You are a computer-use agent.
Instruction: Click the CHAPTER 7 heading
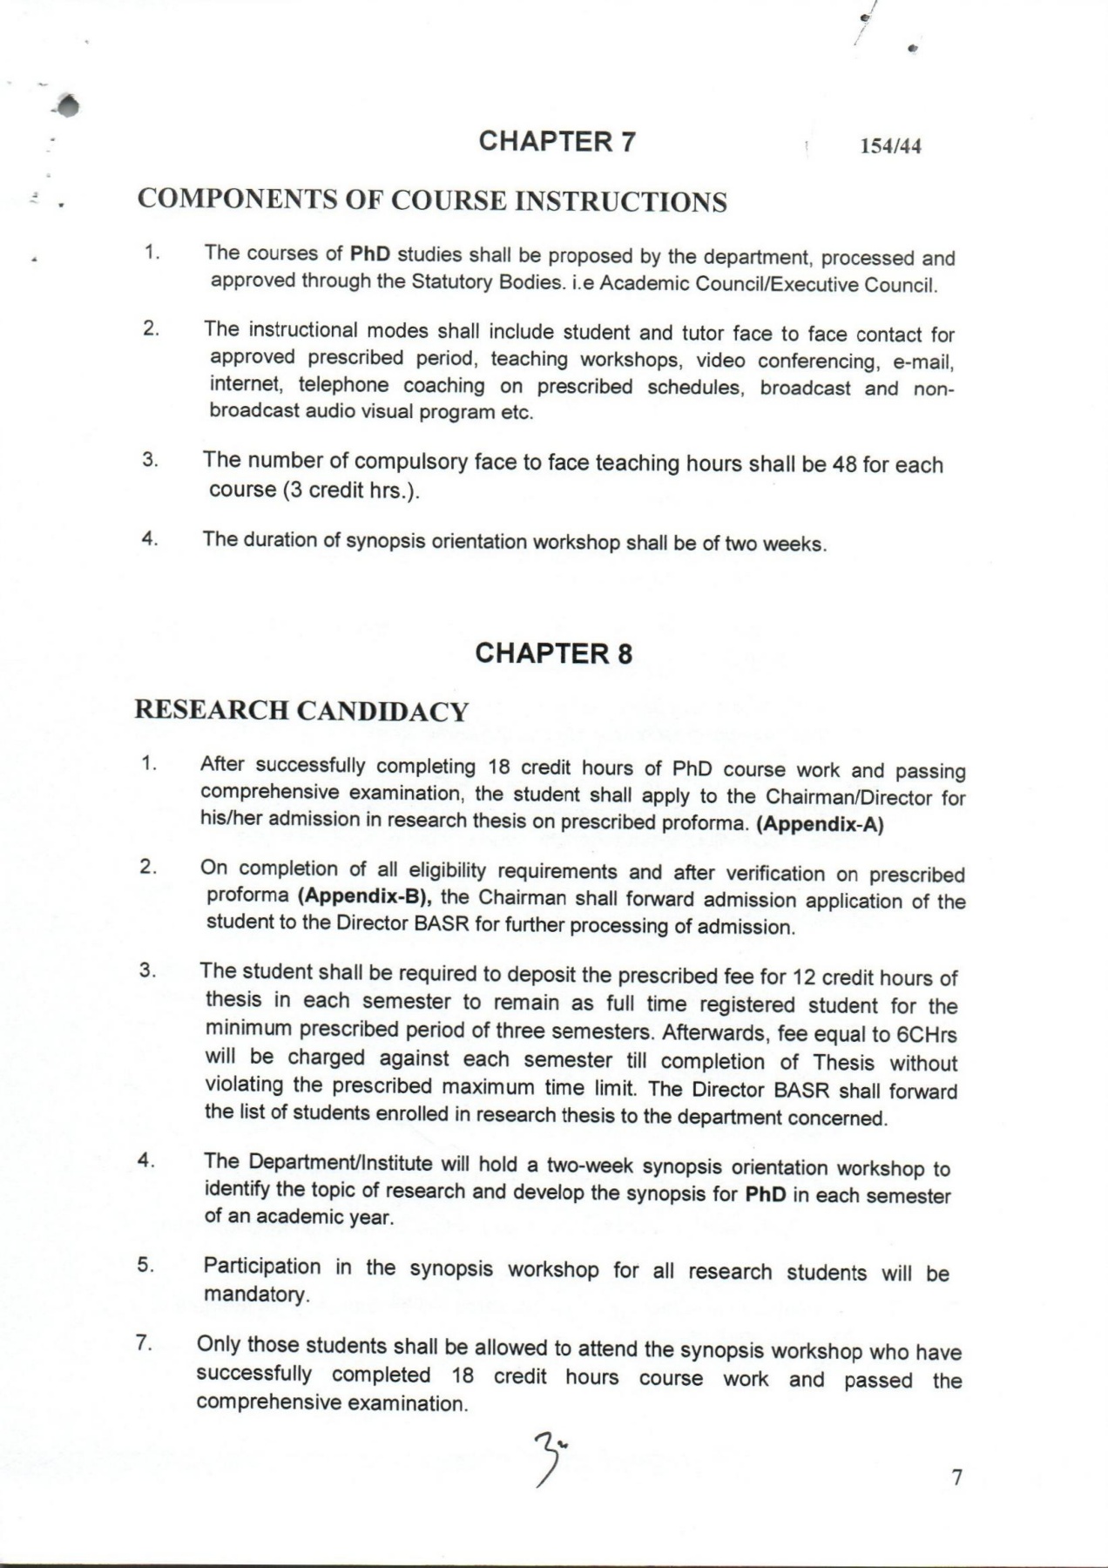(557, 141)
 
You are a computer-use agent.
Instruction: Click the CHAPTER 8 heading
(554, 653)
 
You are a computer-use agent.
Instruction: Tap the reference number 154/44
(890, 146)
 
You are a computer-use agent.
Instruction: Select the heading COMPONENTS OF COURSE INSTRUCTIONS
(432, 201)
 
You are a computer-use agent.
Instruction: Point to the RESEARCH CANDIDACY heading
(301, 711)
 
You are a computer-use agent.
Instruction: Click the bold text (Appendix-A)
(820, 825)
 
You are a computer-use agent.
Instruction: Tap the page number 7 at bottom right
(956, 1477)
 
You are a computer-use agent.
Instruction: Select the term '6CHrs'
(927, 1035)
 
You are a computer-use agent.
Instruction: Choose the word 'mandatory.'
(257, 1294)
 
